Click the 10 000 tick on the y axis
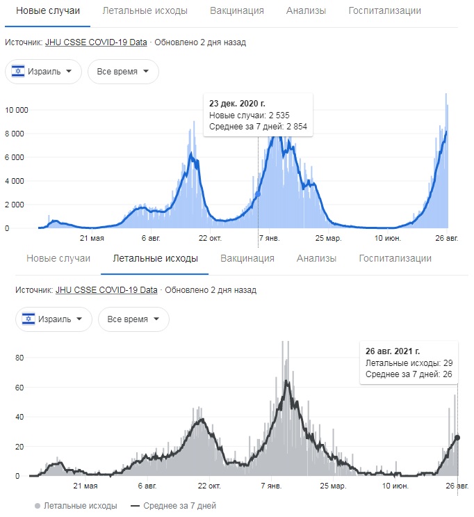(x=16, y=110)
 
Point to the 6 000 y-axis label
(x=16, y=157)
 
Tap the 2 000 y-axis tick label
(x=16, y=205)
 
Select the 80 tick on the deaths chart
(x=20, y=358)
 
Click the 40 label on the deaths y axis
(x=20, y=417)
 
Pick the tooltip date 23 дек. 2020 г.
(x=238, y=103)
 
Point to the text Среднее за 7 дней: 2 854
(x=258, y=127)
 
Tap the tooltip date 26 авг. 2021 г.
(x=393, y=351)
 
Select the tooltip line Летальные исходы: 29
(x=409, y=363)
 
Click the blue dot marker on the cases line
(x=258, y=194)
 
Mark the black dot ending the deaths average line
(x=457, y=438)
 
